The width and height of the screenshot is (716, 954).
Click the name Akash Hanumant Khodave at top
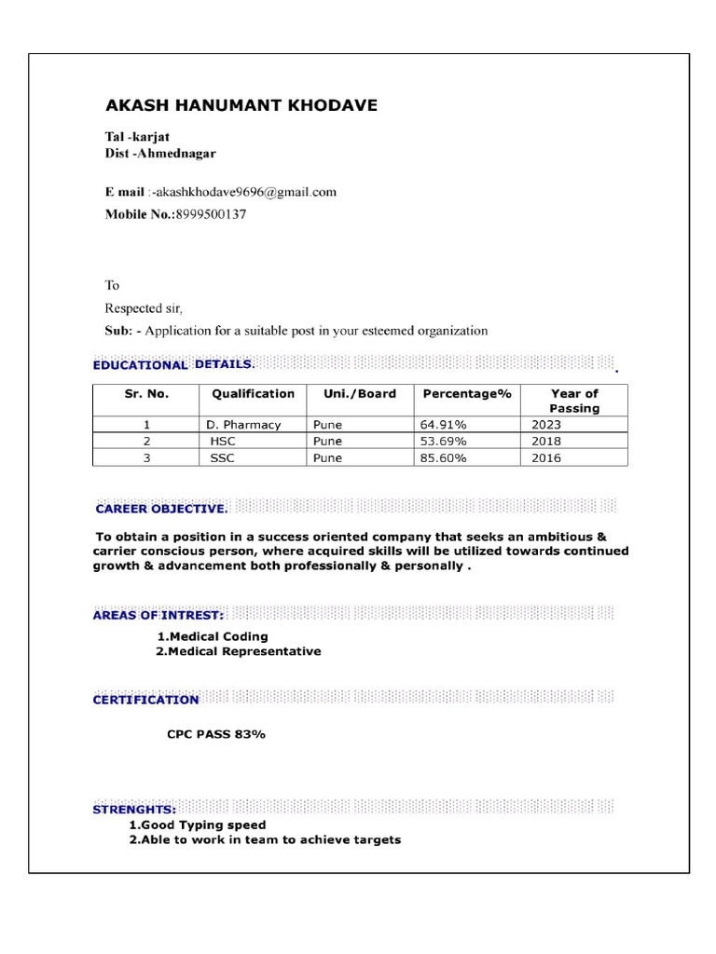tap(241, 105)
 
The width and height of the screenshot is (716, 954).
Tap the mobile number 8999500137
tap(212, 214)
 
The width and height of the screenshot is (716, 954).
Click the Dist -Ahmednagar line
tap(159, 153)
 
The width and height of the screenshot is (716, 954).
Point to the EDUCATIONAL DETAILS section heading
tap(172, 364)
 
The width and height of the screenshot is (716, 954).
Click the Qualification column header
tap(253, 394)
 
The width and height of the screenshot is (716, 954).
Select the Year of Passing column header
tap(573, 401)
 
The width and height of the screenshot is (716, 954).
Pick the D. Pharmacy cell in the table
tap(243, 425)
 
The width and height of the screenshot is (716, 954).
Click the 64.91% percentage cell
tap(444, 425)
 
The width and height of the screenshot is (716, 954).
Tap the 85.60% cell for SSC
tap(444, 458)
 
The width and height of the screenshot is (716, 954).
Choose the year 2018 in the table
tap(546, 442)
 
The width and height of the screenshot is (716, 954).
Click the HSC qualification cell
tap(224, 442)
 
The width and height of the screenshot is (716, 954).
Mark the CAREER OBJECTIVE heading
tap(161, 509)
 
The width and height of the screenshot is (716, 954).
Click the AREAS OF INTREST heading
tap(158, 616)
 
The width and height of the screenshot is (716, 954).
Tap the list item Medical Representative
tap(238, 651)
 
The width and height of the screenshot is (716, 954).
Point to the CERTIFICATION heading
tap(145, 700)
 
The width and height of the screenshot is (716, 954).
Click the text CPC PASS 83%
tap(216, 734)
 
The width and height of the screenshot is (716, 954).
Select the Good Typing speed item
tap(197, 825)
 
